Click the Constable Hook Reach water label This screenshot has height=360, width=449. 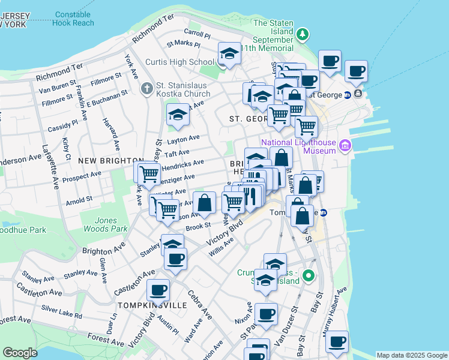73,18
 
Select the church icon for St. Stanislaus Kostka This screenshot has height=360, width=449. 146,89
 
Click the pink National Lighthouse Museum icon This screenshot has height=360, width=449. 345,145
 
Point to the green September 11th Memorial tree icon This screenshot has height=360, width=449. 304,34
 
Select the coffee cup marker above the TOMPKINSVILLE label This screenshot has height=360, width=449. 158,290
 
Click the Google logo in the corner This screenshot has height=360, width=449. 20,352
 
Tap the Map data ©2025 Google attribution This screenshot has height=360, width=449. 411,355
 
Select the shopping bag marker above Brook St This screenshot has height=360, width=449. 204,203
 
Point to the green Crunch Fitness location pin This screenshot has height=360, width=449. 309,276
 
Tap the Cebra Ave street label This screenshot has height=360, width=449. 203,305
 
